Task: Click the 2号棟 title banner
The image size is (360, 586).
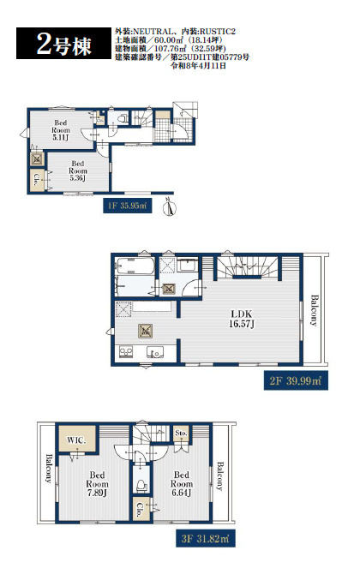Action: tap(63, 44)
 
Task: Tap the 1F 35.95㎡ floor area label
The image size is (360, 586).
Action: tap(128, 205)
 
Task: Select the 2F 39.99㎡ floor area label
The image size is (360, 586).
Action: tap(296, 380)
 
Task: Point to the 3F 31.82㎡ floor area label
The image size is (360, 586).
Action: tap(206, 539)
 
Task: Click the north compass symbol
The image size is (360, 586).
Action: tap(170, 206)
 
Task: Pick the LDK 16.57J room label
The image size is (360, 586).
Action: tap(242, 319)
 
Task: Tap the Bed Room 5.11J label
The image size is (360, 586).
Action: tap(61, 130)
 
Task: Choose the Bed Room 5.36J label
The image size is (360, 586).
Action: tap(78, 170)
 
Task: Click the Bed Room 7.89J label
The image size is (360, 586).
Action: tap(97, 484)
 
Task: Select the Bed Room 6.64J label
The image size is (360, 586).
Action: tap(182, 484)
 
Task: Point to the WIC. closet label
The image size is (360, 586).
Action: tap(76, 439)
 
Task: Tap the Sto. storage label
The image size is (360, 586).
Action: tap(181, 433)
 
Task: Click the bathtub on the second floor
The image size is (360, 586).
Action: tap(135, 266)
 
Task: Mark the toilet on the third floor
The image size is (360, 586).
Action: tap(141, 485)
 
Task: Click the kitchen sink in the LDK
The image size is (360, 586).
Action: tap(155, 352)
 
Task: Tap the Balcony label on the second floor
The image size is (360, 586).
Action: tap(315, 311)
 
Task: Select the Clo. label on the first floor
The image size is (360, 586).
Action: tap(38, 180)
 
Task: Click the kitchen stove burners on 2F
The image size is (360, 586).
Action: tap(126, 352)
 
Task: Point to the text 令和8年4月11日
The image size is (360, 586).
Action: tap(199, 66)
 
